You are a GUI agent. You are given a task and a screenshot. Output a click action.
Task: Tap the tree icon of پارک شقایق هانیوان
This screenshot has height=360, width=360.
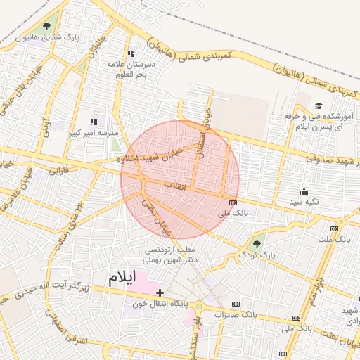pyautogui.click(x=47, y=27)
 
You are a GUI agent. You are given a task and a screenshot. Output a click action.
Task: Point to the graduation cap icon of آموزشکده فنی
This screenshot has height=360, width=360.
pyautogui.click(x=318, y=106)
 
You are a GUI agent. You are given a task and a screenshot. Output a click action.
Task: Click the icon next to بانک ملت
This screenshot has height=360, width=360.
pyautogui.click(x=334, y=228)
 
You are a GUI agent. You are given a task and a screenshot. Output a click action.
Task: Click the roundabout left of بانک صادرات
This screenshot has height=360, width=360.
pyautogui.click(x=200, y=306)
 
